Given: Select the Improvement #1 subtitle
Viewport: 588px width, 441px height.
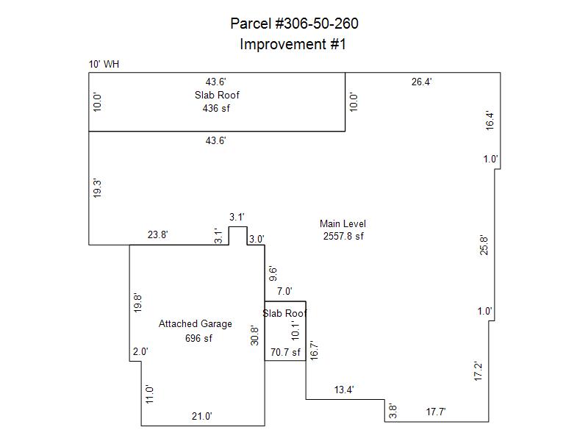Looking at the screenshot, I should pyautogui.click(x=293, y=44).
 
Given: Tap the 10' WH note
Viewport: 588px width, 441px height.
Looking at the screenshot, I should pyautogui.click(x=104, y=65).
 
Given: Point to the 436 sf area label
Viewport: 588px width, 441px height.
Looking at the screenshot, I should pyautogui.click(x=216, y=108).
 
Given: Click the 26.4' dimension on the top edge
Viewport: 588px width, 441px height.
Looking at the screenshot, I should pyautogui.click(x=421, y=82).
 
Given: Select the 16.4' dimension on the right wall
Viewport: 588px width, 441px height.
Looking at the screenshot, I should pyautogui.click(x=490, y=120).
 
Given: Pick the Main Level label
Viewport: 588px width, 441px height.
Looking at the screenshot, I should pyautogui.click(x=343, y=223).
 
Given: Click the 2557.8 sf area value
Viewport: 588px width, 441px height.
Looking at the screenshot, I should pyautogui.click(x=343, y=236).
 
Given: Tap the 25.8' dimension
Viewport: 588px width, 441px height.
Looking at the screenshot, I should pyautogui.click(x=483, y=244).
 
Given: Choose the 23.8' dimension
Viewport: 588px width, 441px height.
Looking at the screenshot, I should pyautogui.click(x=157, y=235).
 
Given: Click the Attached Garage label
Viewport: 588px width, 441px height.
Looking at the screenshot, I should pyautogui.click(x=195, y=324).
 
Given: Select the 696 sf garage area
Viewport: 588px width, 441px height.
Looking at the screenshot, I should pyautogui.click(x=198, y=338).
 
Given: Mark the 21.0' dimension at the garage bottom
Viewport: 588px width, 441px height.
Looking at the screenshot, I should pyautogui.click(x=201, y=416).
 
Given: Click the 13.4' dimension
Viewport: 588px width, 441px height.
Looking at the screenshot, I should pyautogui.click(x=344, y=390).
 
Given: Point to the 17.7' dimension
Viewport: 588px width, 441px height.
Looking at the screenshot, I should pyautogui.click(x=436, y=412).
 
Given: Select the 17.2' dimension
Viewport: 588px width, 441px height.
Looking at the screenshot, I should pyautogui.click(x=478, y=371).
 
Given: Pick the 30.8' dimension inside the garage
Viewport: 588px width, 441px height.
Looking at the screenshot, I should pyautogui.click(x=255, y=335).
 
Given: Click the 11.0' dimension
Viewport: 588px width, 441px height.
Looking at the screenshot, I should pyautogui.click(x=149, y=394).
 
